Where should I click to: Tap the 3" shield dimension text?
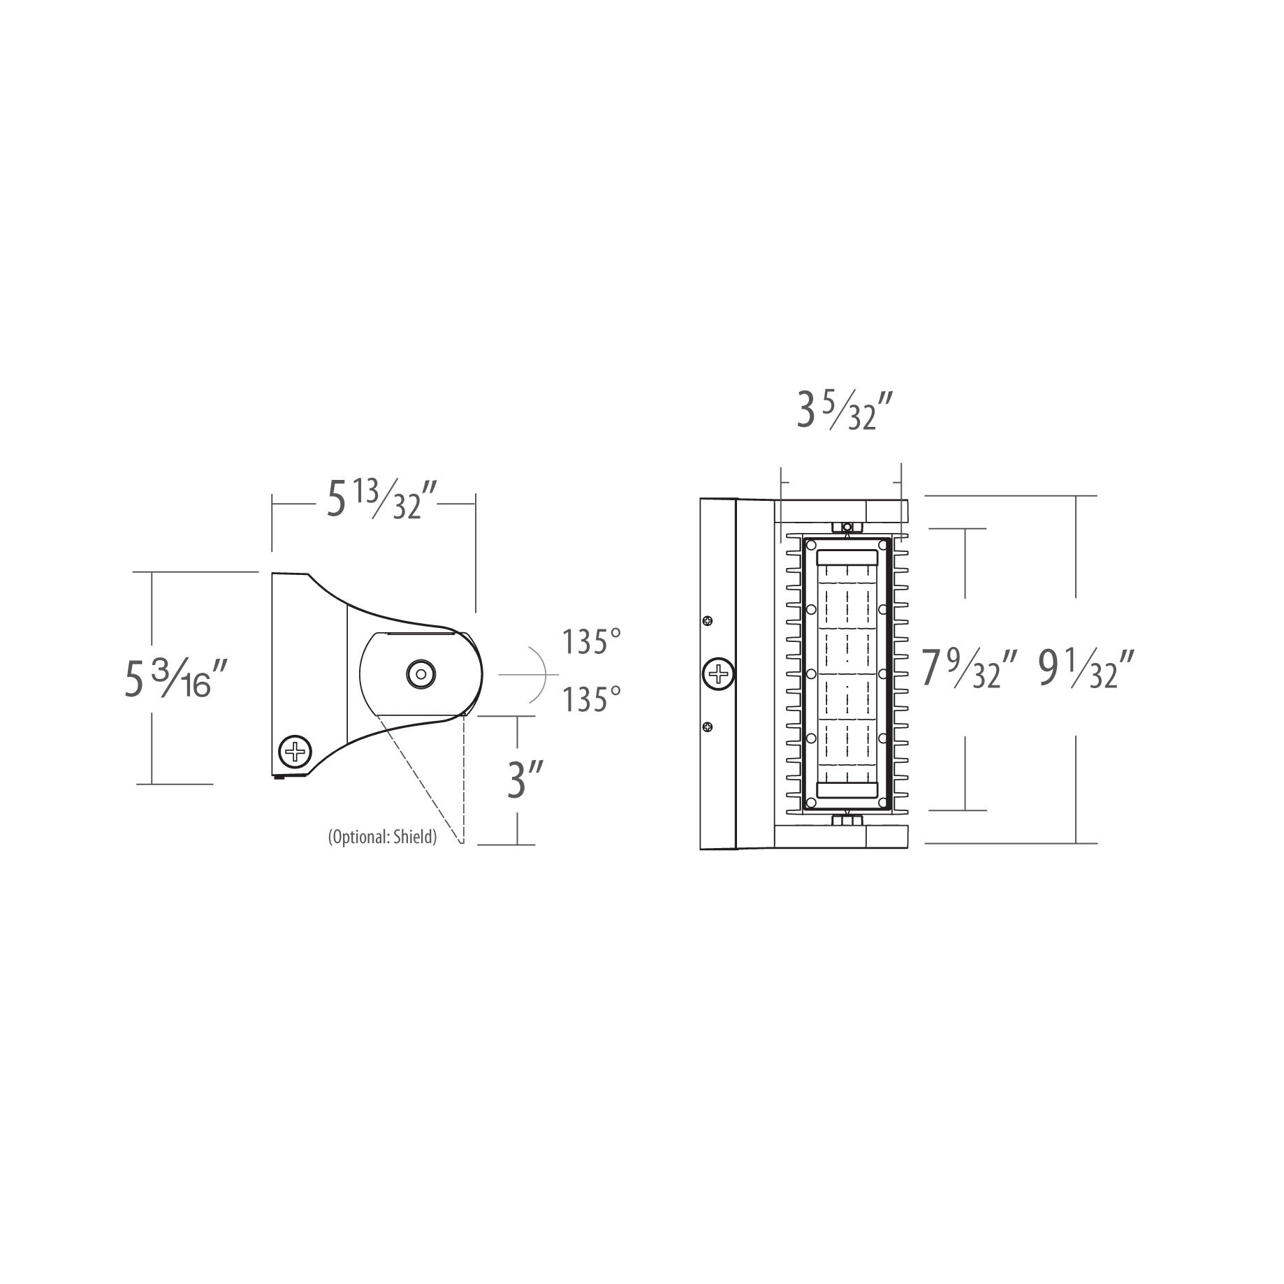pyautogui.click(x=517, y=781)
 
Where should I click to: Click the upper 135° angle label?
pyautogui.click(x=593, y=641)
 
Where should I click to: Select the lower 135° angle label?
pyautogui.click(x=593, y=699)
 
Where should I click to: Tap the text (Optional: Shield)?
pyautogui.click(x=382, y=837)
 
